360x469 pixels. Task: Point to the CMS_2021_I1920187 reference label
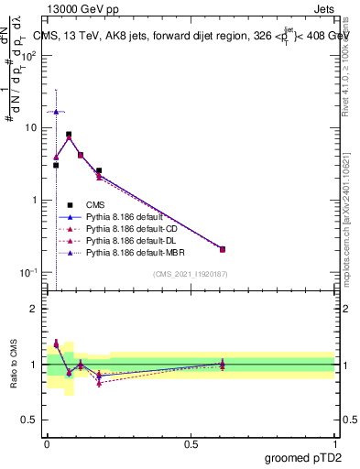(x=188, y=274)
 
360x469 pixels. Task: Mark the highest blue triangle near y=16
(x=56, y=111)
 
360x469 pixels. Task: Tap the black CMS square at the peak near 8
(x=69, y=134)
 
